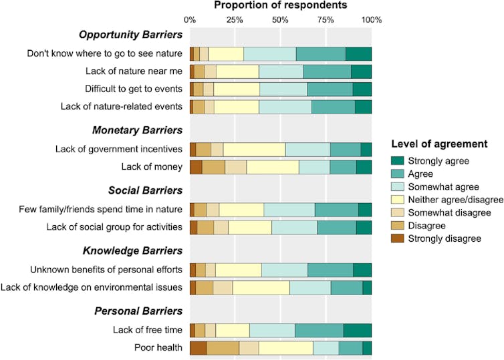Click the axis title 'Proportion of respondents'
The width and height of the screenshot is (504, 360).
tap(281, 5)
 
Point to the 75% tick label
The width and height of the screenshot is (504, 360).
tap(326, 19)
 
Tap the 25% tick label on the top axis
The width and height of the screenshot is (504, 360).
tap(235, 19)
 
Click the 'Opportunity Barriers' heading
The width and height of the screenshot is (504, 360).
tap(130, 35)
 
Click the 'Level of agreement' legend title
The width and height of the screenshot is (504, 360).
tap(439, 144)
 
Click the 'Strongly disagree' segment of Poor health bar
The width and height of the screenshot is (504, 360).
tap(198, 348)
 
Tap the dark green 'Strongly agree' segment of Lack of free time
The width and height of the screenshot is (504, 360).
tap(357, 330)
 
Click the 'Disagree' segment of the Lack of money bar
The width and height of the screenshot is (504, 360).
tap(213, 166)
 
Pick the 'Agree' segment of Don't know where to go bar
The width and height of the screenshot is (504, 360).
tap(320, 54)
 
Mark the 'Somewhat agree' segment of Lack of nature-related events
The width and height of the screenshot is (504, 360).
tap(285, 106)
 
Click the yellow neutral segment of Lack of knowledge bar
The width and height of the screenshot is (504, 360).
tap(261, 287)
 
